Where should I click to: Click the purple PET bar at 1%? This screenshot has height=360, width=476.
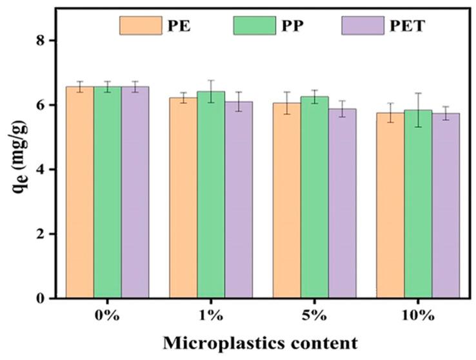(238, 200)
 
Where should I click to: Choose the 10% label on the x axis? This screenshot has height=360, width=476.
(418, 315)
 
